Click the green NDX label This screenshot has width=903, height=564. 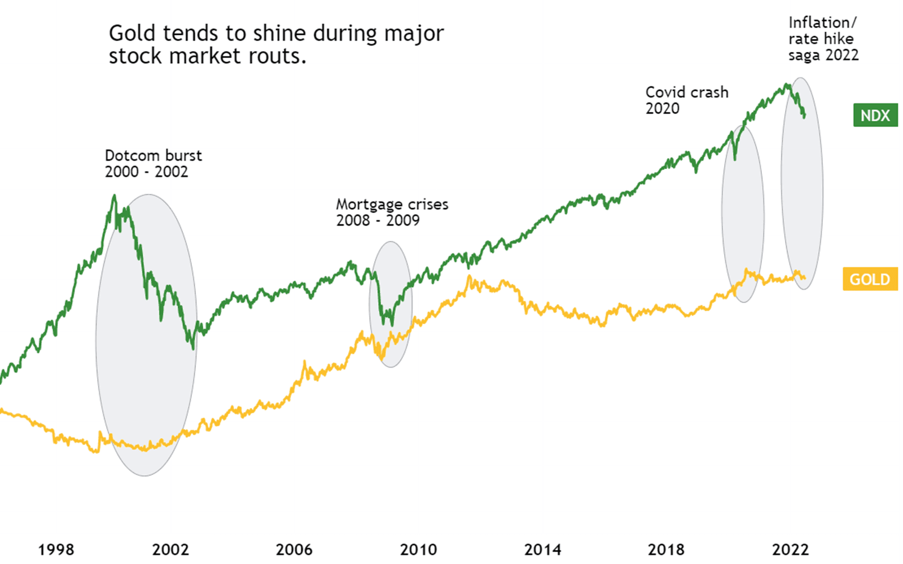875,116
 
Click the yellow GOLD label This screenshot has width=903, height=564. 870,279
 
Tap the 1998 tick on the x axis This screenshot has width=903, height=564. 56,549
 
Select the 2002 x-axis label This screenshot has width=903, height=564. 170,549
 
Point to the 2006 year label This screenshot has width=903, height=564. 294,549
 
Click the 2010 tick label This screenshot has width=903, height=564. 418,549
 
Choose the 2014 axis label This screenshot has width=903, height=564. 542,549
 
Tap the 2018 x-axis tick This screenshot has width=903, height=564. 666,549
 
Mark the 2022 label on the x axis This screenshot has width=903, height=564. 790,549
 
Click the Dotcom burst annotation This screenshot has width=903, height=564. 153,164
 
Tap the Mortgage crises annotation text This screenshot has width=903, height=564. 392,212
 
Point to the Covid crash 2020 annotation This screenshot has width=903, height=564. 686,100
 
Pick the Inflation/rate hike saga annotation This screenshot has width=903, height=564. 823,39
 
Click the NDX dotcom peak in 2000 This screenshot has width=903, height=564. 115,196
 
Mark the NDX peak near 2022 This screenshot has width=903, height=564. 786,85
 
